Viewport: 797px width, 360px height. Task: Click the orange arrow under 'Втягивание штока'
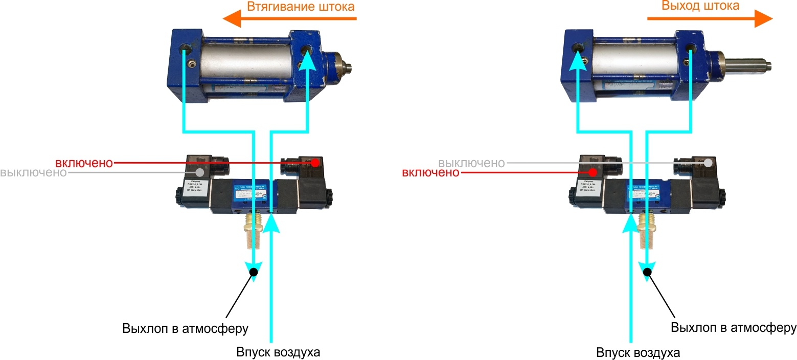(289, 20)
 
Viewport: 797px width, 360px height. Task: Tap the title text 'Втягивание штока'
(300, 7)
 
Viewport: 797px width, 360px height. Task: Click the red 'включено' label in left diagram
(84, 163)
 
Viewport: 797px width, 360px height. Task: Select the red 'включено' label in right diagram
(430, 173)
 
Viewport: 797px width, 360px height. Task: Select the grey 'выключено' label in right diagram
(471, 163)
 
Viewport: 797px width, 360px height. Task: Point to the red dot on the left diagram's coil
(315, 163)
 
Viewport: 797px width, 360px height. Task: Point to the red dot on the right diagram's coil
(593, 172)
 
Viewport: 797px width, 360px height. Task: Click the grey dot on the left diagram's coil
(199, 172)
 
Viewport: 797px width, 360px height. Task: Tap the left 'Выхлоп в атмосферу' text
(185, 328)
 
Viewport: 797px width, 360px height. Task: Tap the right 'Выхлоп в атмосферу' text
(734, 327)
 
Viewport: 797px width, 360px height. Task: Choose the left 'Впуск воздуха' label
(278, 353)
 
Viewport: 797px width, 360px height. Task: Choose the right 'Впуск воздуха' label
(639, 353)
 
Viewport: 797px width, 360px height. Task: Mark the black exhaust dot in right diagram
(647, 273)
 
